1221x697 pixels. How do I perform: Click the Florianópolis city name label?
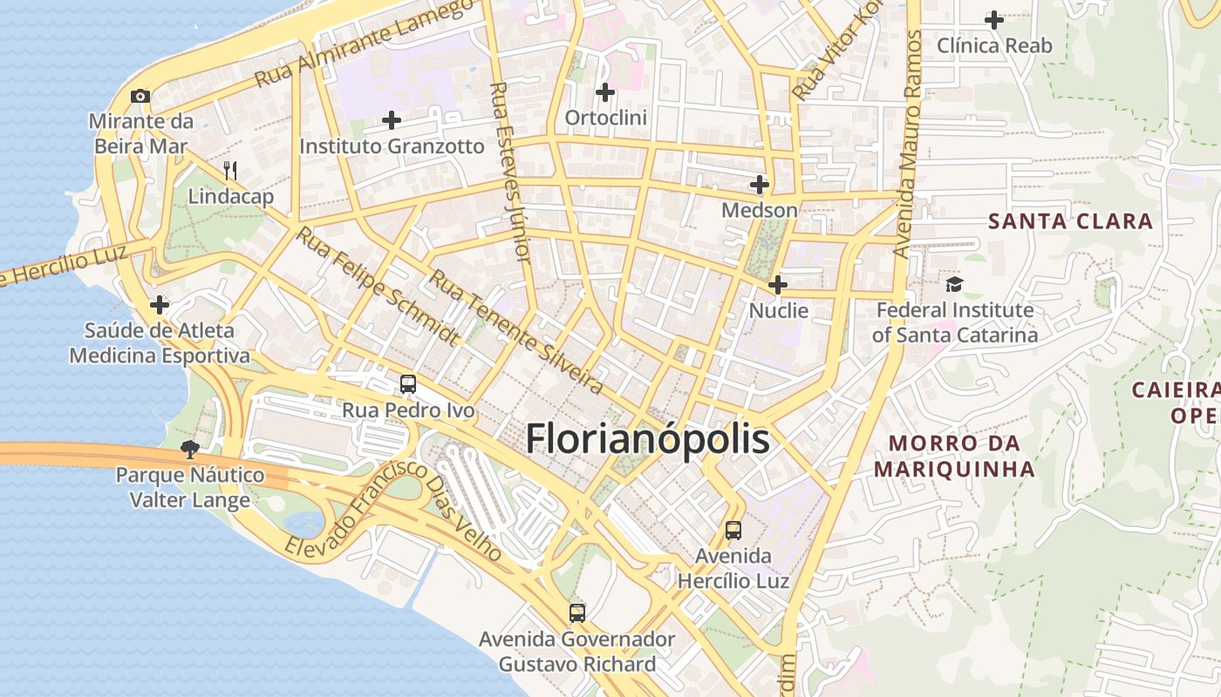tap(647, 440)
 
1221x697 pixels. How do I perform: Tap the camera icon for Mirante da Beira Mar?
tap(140, 96)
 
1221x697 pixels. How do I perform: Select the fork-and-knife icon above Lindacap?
tap(230, 170)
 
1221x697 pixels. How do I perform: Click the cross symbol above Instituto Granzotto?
tap(392, 120)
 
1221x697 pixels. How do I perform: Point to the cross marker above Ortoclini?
tap(605, 91)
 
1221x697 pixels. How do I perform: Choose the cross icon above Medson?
tap(760, 185)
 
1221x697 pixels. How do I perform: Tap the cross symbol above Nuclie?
tap(778, 285)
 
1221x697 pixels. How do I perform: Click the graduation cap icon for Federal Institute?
tap(955, 284)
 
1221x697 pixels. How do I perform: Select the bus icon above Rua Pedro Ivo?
tap(407, 383)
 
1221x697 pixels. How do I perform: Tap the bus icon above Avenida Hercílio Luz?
tap(733, 530)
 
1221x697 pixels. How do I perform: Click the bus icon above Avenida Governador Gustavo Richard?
tap(576, 612)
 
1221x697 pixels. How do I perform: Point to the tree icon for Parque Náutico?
tap(189, 450)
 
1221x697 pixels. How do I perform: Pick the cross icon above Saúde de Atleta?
tap(160, 305)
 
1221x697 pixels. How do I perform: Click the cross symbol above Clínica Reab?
tap(994, 19)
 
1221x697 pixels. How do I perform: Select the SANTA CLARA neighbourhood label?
tap(1070, 221)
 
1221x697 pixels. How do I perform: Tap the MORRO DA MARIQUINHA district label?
tap(954, 457)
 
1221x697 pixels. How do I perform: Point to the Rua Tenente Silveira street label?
tap(516, 331)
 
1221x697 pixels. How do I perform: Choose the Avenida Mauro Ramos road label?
tap(906, 144)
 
